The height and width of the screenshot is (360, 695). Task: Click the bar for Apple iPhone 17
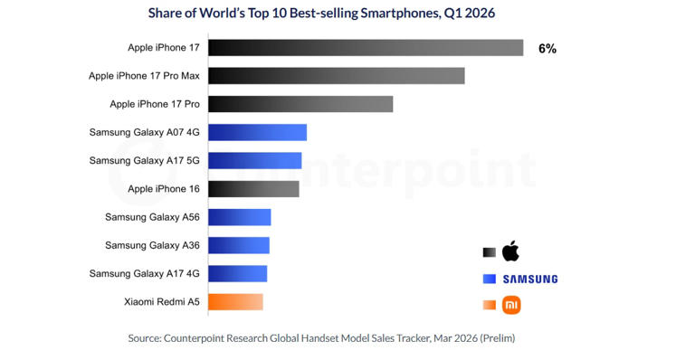coord(366,48)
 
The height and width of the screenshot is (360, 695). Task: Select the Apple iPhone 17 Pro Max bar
coord(337,76)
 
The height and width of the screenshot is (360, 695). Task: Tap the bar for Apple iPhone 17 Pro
coord(300,104)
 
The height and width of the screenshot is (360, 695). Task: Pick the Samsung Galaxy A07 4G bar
coord(258,132)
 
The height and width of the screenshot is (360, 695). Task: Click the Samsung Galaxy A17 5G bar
coord(255,161)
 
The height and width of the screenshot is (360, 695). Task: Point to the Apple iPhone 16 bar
coord(253,189)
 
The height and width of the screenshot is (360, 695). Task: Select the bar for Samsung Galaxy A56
coord(239,217)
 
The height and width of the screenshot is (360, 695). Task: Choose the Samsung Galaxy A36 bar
coord(239,245)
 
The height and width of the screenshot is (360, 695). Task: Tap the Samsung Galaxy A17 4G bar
coord(238,274)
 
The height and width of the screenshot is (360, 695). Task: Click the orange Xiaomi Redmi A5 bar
coord(235,302)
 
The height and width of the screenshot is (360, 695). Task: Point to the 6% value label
coord(547,49)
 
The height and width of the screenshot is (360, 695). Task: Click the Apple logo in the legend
coord(510,251)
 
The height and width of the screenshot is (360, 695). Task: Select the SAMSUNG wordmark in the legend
coord(530,279)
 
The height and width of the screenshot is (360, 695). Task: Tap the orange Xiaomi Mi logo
coord(511,305)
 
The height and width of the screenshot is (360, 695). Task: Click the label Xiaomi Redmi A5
coord(162,302)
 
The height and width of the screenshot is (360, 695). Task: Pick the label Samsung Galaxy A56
coord(152,217)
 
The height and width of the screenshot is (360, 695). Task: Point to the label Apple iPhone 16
coord(164,189)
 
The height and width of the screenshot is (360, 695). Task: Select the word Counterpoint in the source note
coord(194,338)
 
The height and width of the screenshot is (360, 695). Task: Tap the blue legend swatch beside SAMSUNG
coord(490,279)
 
